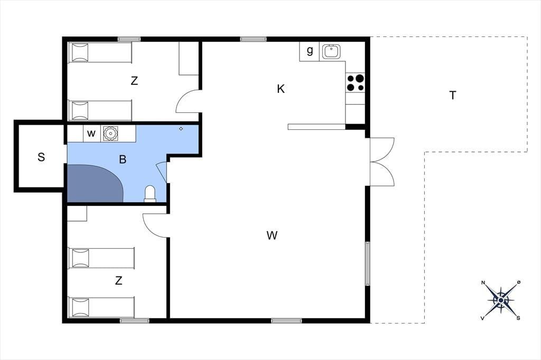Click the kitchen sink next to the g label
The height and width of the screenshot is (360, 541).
point(331,52)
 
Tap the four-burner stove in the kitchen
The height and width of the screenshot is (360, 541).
point(356,83)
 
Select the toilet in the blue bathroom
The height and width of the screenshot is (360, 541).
point(150,194)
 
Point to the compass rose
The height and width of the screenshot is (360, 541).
point(501,301)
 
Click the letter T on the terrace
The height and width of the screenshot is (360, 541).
point(453,95)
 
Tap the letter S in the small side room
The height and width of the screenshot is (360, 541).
point(41,157)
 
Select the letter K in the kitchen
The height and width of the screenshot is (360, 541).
point(281,89)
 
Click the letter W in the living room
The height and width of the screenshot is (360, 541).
point(272,235)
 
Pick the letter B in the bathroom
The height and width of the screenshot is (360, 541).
point(123,159)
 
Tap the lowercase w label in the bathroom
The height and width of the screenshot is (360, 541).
point(91,134)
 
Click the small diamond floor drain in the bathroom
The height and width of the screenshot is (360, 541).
point(181,129)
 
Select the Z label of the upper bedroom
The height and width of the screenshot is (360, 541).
point(134,81)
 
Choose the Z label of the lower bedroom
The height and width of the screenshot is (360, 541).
point(119,281)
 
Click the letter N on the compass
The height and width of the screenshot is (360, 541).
point(483,283)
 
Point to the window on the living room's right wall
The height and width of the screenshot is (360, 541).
point(368,263)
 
